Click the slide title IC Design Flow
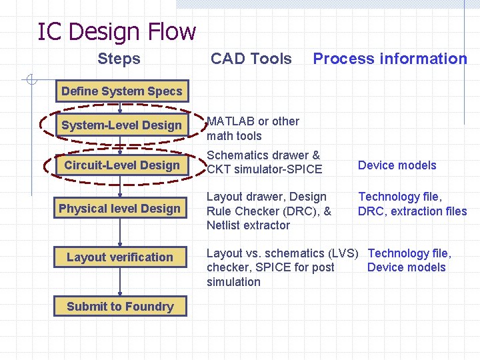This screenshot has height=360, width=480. click(117, 31)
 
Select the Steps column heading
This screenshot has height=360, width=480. click(119, 59)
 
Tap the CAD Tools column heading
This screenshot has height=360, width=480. click(251, 59)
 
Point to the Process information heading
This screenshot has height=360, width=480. click(390, 59)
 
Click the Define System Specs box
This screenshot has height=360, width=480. click(121, 91)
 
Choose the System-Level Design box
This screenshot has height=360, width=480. click(121, 125)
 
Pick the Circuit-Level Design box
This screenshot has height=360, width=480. click(121, 165)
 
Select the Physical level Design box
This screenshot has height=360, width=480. click(120, 209)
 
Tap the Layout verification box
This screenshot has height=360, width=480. click(120, 257)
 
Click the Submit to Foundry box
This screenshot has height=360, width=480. click(120, 307)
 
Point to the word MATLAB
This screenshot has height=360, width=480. click(229, 121)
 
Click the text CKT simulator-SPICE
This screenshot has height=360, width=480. click(265, 169)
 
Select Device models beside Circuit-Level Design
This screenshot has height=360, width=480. click(397, 165)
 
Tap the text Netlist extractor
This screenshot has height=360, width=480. click(248, 225)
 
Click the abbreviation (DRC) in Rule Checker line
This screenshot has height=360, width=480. click(301, 211)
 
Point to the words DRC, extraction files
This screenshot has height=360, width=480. click(412, 211)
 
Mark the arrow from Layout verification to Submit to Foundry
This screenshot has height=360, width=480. click(120, 282)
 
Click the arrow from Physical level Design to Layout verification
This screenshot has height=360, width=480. click(120, 233)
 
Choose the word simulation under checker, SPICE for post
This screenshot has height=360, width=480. click(233, 282)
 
